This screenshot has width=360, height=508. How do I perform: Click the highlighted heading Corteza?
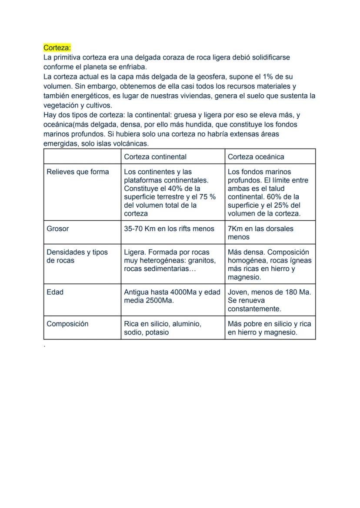(57, 47)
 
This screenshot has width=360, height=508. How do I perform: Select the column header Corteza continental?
(155, 156)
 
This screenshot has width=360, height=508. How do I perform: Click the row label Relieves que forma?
(78, 172)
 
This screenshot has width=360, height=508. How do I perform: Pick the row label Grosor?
(57, 229)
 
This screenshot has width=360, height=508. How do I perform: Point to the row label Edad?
(55, 292)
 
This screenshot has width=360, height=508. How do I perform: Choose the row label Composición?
(67, 324)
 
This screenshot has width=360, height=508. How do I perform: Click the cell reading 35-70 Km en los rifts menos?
(169, 229)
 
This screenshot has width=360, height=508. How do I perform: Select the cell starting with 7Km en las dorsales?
(260, 232)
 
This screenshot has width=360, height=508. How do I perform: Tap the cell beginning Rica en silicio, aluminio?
(163, 328)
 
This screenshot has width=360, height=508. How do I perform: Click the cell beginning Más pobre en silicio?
(269, 328)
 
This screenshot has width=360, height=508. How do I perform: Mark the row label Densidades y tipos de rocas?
(77, 256)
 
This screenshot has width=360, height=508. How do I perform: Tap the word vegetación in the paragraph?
(62, 105)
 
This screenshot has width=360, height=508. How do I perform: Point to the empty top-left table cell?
(82, 156)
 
